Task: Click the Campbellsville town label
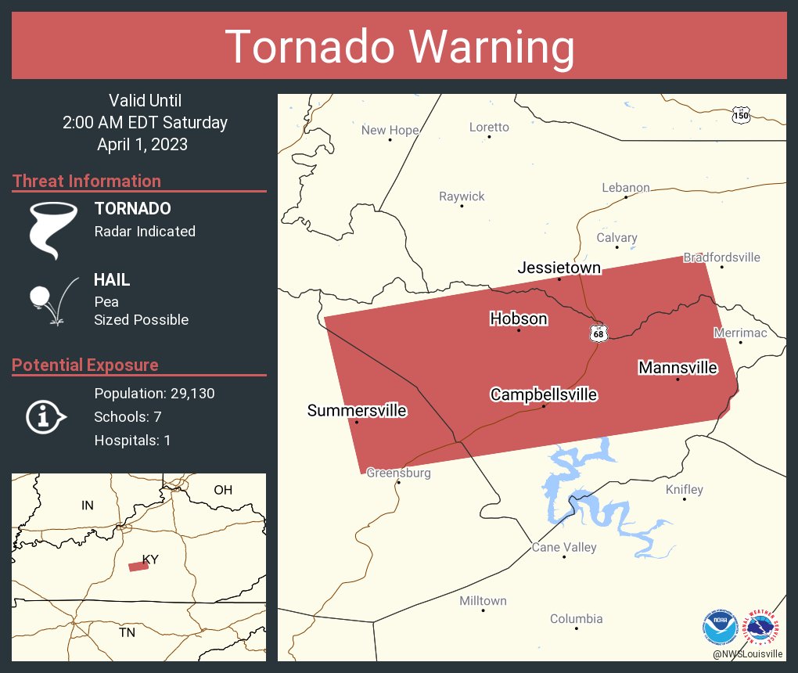(544, 394)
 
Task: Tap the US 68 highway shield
(598, 333)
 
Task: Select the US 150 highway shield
(741, 116)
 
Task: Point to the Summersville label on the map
(357, 410)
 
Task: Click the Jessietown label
(559, 268)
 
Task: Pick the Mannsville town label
(678, 367)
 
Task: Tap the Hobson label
(518, 319)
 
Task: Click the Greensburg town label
(398, 473)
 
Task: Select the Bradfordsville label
(721, 257)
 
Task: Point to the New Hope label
(390, 130)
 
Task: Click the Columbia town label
(576, 618)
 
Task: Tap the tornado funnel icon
(53, 229)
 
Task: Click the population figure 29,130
(188, 393)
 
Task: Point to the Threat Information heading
(87, 181)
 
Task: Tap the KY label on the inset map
(150, 560)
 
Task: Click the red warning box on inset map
(138, 566)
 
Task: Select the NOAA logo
(719, 627)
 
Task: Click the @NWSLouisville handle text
(747, 653)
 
